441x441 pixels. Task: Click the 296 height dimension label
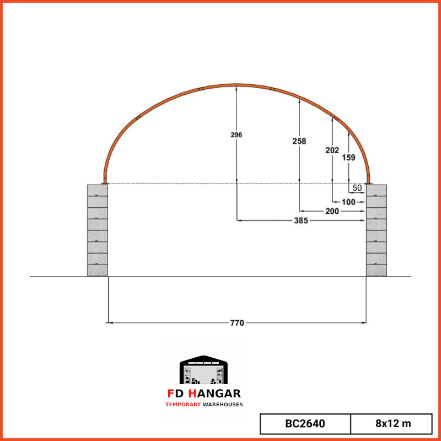click(x=236, y=135)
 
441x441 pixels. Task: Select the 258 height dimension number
click(x=299, y=141)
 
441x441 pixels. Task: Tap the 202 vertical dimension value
click(x=332, y=150)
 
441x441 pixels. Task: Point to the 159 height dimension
click(x=349, y=158)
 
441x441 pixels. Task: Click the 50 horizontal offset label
click(x=357, y=188)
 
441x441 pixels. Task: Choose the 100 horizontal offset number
click(x=348, y=202)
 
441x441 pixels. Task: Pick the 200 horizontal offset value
click(x=332, y=211)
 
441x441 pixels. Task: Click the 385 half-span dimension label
click(x=301, y=221)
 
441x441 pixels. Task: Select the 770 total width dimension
click(x=237, y=323)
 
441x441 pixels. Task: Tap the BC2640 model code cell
click(x=305, y=423)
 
